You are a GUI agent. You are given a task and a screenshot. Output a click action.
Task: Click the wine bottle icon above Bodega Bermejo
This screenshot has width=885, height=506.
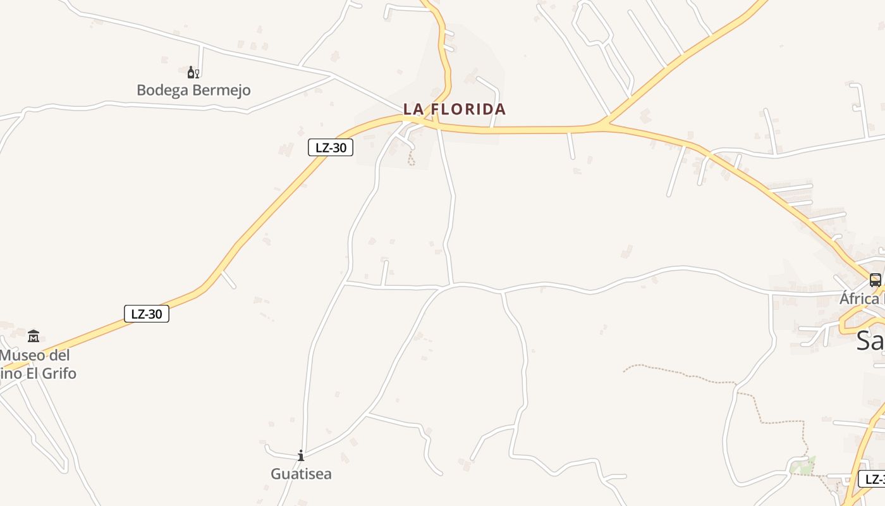(x=193, y=72)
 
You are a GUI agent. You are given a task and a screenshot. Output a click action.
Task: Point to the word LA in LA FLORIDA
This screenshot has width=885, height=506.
(x=413, y=109)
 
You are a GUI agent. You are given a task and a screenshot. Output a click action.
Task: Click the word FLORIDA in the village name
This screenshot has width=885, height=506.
(x=469, y=109)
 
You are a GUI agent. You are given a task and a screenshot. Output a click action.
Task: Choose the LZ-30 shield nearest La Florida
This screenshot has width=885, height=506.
(x=331, y=147)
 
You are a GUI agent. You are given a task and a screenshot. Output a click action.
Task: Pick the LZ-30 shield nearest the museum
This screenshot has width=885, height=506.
(x=147, y=313)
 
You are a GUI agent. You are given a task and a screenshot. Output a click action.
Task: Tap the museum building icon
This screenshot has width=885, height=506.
(x=34, y=335)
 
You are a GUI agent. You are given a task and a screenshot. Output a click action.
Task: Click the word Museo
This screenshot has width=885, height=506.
(x=25, y=355)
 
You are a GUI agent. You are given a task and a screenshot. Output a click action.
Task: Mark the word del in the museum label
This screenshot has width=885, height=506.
(x=59, y=355)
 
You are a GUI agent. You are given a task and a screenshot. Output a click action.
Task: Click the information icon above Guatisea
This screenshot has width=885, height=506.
(x=301, y=455)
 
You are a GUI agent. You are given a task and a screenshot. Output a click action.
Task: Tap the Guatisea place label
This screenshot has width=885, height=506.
(x=301, y=474)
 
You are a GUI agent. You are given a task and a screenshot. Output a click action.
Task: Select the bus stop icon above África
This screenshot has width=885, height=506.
(x=875, y=280)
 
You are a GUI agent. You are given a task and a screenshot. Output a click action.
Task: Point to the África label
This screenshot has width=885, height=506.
(x=860, y=298)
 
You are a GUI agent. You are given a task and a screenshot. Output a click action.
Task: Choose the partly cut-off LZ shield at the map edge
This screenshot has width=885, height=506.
(x=873, y=479)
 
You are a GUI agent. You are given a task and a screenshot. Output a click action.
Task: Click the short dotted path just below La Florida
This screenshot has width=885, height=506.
(x=412, y=159)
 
